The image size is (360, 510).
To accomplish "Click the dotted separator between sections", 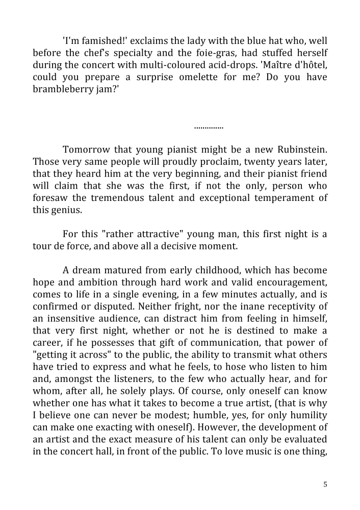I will click(209, 126).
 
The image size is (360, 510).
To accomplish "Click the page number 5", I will click(325, 484).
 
